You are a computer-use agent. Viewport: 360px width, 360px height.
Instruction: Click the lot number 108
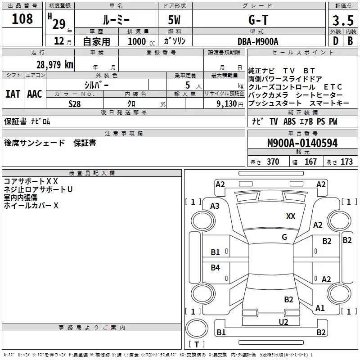coord(22,19)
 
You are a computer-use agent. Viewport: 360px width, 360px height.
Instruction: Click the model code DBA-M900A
coord(258,41)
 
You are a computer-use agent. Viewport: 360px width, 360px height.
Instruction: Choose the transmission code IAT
coord(13,94)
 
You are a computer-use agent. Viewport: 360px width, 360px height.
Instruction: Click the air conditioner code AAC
coord(35,94)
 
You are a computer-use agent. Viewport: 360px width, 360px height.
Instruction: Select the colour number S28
coord(74,103)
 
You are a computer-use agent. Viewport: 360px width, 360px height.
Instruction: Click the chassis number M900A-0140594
coord(302,144)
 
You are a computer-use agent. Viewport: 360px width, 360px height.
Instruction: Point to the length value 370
coord(273,162)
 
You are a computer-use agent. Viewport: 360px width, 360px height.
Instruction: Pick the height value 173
coord(346,162)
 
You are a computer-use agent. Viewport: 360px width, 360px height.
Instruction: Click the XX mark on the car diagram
coord(291,216)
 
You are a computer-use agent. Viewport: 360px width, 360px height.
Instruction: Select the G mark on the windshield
coord(284,237)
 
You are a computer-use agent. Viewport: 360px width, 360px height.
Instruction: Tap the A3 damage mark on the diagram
coord(215,206)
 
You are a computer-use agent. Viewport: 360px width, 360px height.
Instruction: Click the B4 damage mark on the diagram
coord(216,268)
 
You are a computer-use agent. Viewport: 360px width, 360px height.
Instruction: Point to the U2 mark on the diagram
coord(283,322)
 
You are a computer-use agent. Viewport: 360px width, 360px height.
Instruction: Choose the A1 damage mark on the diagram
coord(320,308)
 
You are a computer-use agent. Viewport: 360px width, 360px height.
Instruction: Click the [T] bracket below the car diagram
coord(197,345)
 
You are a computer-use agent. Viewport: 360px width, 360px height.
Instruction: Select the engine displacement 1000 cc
coord(140,41)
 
